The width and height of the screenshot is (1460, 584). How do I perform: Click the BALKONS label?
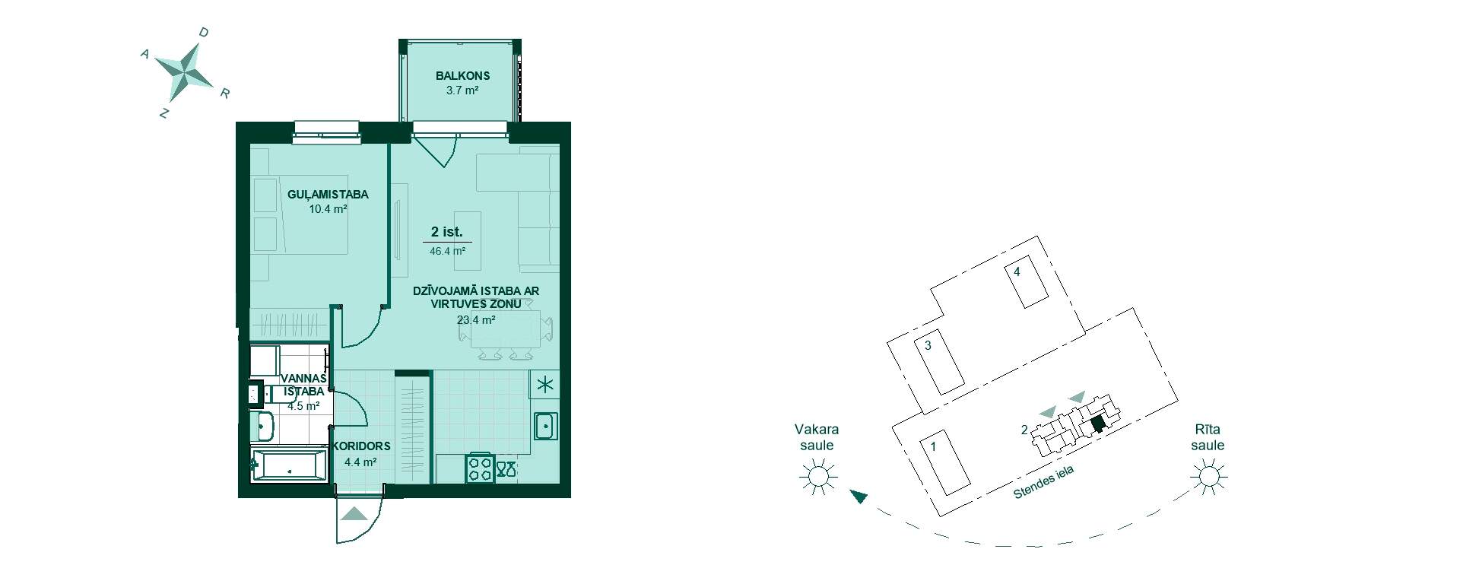click(x=462, y=75)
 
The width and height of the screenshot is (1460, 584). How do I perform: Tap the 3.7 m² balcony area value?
click(x=462, y=90)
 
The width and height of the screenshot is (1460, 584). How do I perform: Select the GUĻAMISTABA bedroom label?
click(x=328, y=195)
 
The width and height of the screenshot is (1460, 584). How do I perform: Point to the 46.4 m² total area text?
click(x=447, y=250)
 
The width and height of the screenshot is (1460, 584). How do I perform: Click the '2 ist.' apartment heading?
click(x=447, y=232)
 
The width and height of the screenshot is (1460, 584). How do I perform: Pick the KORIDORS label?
click(x=361, y=446)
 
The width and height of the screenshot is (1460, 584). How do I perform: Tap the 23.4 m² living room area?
click(x=476, y=320)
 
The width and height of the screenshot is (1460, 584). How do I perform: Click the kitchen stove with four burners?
click(x=481, y=468)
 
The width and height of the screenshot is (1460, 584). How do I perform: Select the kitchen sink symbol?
click(x=545, y=426)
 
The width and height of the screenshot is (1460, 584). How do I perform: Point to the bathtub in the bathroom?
click(x=288, y=465)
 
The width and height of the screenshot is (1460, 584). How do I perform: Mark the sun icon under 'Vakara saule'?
click(x=818, y=478)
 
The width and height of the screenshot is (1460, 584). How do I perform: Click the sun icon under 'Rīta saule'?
click(x=1208, y=478)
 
